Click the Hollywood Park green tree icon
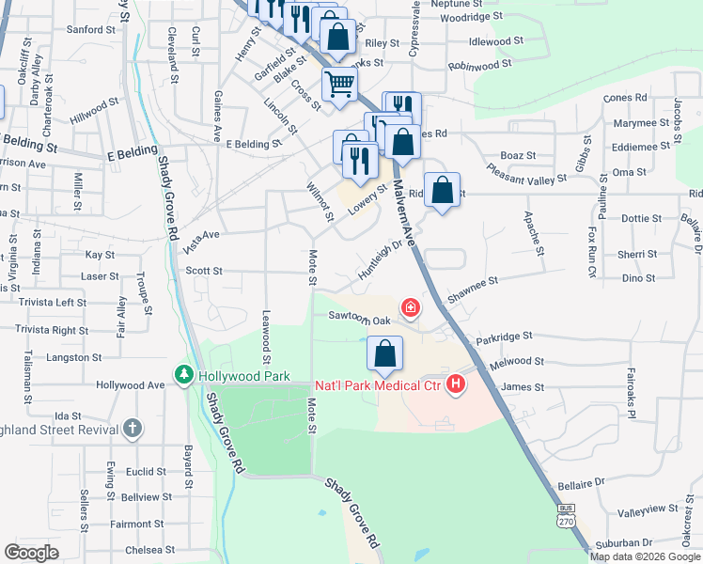(183, 376)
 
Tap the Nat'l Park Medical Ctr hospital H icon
(456, 384)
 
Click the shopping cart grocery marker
(339, 83)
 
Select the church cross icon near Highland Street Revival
(133, 429)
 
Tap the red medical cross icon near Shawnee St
(410, 307)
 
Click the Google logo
(32, 553)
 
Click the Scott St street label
(203, 271)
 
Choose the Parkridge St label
(504, 336)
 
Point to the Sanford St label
(91, 30)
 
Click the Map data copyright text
(645, 556)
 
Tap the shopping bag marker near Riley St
(338, 38)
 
